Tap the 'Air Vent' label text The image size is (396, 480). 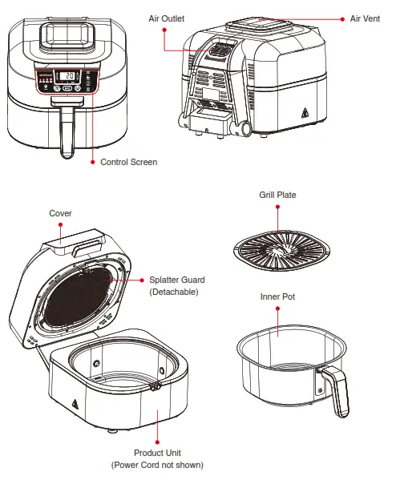(x=366, y=18)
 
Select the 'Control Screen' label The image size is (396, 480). (x=128, y=162)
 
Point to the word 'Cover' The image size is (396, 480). (x=61, y=213)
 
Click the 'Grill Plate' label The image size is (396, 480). (x=277, y=195)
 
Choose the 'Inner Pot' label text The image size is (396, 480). (x=277, y=296)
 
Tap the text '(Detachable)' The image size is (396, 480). (x=174, y=292)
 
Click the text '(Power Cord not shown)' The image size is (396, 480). (x=157, y=465)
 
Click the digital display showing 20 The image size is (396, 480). (x=69, y=77)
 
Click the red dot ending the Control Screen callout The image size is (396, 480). (x=91, y=162)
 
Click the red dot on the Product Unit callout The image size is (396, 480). (x=157, y=413)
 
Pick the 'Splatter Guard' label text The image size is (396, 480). (x=177, y=280)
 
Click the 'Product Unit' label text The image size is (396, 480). (x=157, y=453)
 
